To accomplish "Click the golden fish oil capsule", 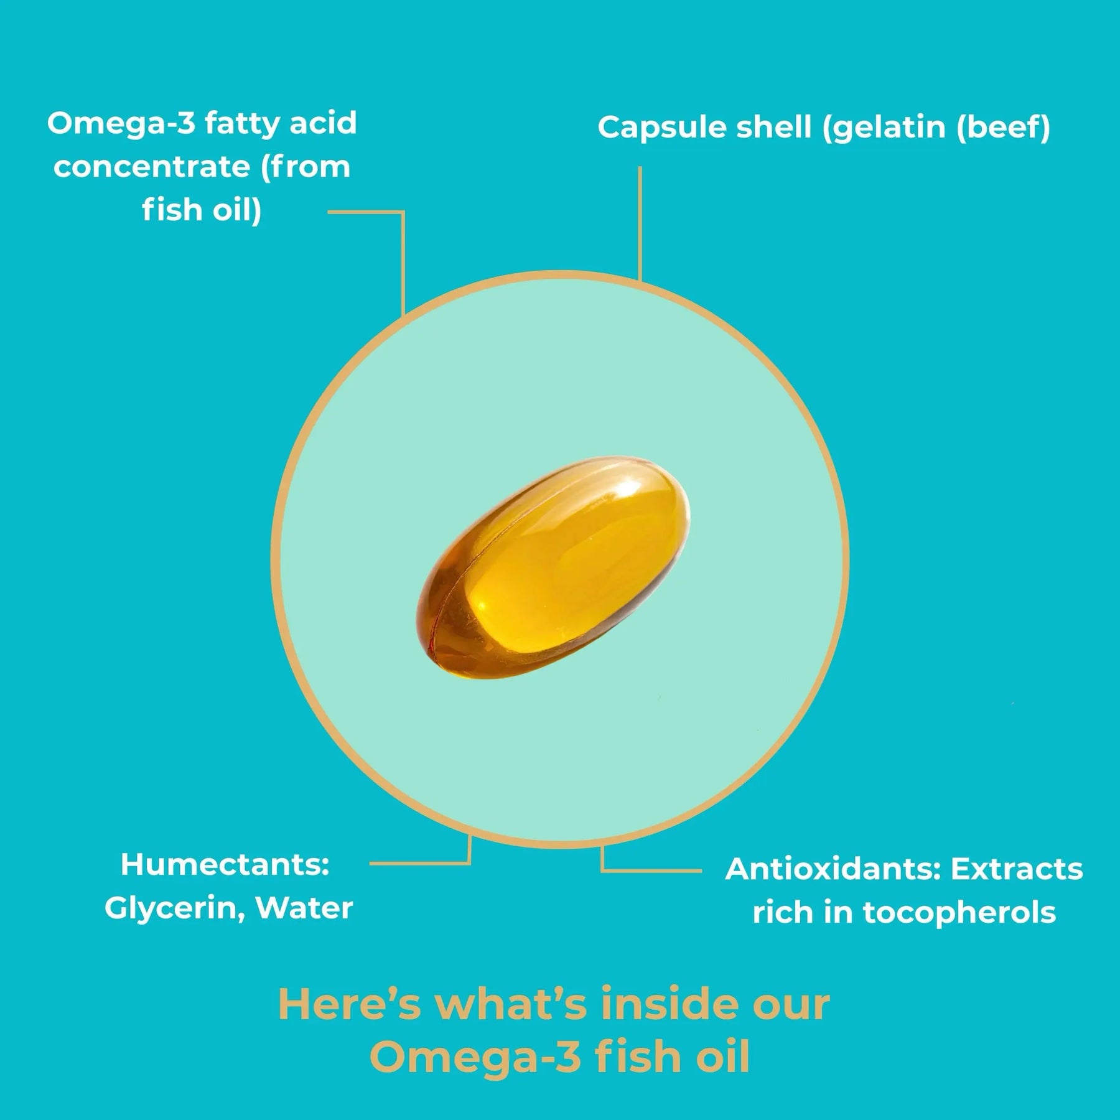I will tap(553, 579).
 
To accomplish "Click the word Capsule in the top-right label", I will tap(661, 128).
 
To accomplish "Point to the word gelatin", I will tap(884, 128).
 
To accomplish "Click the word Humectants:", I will tap(225, 865).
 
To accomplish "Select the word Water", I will tap(304, 908).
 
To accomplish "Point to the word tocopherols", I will tap(959, 913).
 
